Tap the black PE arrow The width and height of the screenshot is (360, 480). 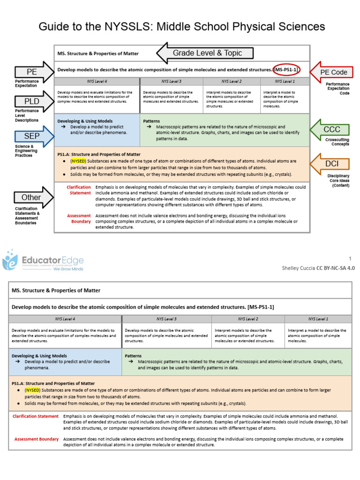pyautogui.click(x=34, y=72)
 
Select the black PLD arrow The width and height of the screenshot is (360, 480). pyautogui.click(x=34, y=101)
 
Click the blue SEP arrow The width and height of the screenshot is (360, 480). pyautogui.click(x=34, y=136)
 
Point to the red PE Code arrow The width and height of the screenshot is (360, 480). pyautogui.click(x=331, y=72)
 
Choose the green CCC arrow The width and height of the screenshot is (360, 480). pyautogui.click(x=330, y=129)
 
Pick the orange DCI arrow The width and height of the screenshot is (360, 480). pyautogui.click(x=330, y=164)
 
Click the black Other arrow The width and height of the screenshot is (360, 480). pyautogui.click(x=34, y=197)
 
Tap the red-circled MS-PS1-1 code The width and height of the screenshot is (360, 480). pyautogui.click(x=286, y=70)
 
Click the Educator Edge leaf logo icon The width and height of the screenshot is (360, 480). pyautogui.click(x=10, y=260)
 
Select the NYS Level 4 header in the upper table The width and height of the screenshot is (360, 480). pyautogui.click(x=97, y=82)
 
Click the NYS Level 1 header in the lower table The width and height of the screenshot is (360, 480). pyautogui.click(x=318, y=319)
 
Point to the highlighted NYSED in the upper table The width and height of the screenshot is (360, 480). pyautogui.click(x=78, y=161)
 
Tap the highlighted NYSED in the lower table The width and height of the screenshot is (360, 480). pyautogui.click(x=33, y=390)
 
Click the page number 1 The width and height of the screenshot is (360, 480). pyautogui.click(x=350, y=259)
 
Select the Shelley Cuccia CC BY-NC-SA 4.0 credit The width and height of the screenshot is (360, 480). pyautogui.click(x=318, y=268)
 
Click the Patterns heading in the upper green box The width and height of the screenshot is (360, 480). pyautogui.click(x=151, y=121)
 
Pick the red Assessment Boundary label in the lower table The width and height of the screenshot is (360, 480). pyautogui.click(x=37, y=439)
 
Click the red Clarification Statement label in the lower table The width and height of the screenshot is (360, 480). pyautogui.click(x=36, y=416)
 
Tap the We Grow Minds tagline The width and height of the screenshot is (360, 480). pyautogui.click(x=68, y=269)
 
